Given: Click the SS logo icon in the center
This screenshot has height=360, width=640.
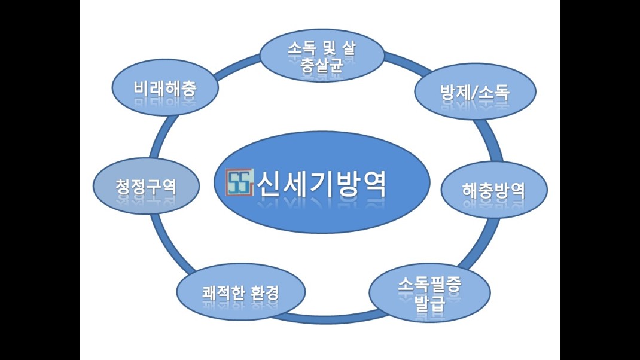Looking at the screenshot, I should pyautogui.click(x=240, y=183).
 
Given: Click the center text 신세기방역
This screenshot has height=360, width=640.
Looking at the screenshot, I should pyautogui.click(x=321, y=184).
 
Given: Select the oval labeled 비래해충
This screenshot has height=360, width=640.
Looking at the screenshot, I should pyautogui.click(x=164, y=90).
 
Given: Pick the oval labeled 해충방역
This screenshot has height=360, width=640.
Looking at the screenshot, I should pyautogui.click(x=493, y=190).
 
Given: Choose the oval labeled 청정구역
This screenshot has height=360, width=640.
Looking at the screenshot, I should pyautogui.click(x=146, y=185).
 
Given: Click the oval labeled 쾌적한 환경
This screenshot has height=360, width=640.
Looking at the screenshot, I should pyautogui.click(x=240, y=294).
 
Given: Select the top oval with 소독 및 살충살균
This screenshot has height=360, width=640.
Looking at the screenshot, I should pyautogui.click(x=321, y=57).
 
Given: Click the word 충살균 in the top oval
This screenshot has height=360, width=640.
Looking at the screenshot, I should pyautogui.click(x=321, y=65).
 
